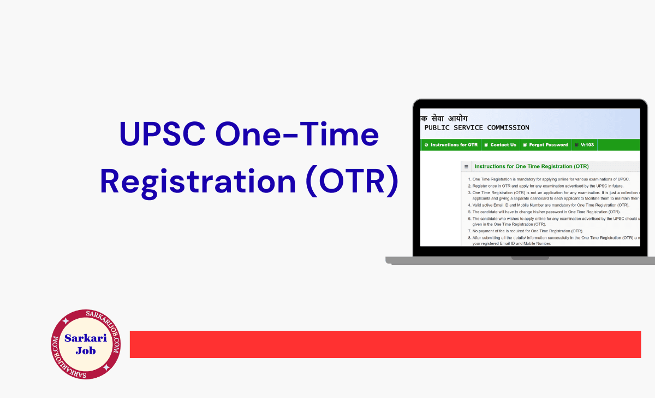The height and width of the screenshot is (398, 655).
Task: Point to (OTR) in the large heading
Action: (350, 182)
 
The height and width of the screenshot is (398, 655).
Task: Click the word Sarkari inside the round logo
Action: (86, 338)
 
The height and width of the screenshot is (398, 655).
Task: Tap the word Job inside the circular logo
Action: (86, 350)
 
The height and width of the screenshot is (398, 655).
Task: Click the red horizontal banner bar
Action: (385, 344)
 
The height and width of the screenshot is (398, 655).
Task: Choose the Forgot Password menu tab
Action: (545, 145)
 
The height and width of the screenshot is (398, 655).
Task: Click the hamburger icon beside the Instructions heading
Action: (466, 166)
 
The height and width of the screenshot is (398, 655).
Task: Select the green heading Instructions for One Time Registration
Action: (532, 166)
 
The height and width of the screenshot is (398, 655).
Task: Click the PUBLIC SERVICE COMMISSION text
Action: (477, 127)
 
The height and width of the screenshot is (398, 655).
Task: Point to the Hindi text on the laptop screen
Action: (444, 118)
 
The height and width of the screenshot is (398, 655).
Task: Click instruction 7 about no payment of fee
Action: (528, 231)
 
